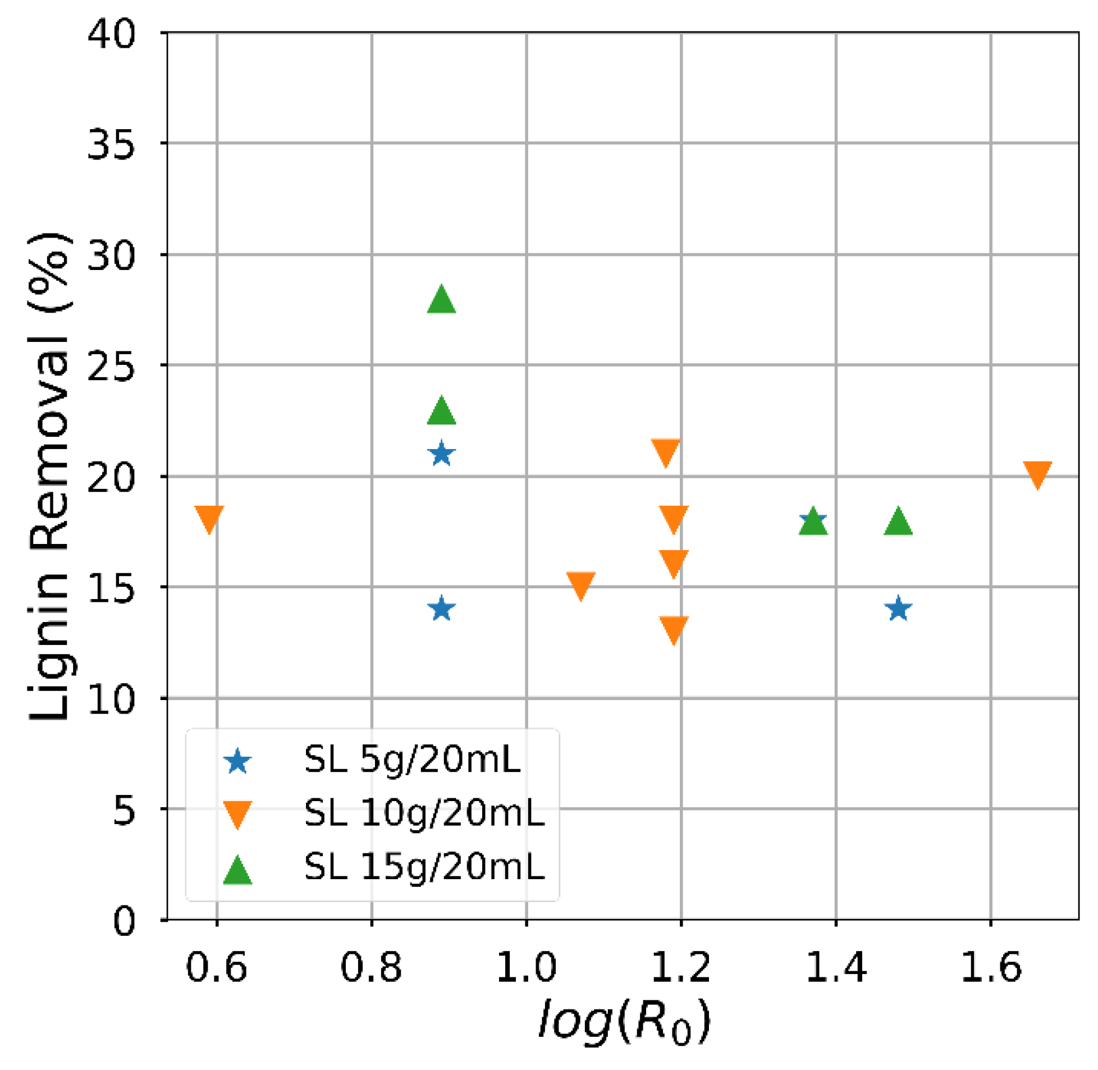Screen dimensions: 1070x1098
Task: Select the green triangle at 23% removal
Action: coord(441,411)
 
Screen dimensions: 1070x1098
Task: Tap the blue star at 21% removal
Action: coord(441,454)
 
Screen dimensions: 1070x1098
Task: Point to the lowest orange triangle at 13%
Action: coord(674,628)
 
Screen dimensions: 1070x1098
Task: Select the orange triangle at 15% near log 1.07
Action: coord(580,584)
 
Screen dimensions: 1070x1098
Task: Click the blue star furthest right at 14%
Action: coord(898,609)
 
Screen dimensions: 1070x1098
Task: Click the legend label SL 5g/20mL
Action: coord(412,760)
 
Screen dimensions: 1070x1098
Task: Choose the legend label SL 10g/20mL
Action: coord(424,813)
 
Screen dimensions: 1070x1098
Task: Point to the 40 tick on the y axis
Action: coord(111,35)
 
